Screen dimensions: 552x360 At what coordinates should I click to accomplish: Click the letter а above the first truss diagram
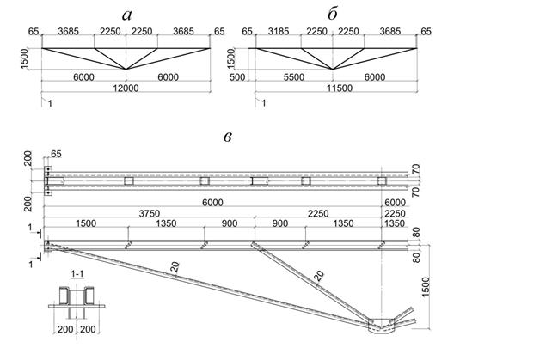tap(126, 15)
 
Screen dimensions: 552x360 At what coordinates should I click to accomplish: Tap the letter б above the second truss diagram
tap(333, 15)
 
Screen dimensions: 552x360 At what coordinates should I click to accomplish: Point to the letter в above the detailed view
tap(228, 137)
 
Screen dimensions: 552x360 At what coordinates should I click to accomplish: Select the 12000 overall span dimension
tap(126, 88)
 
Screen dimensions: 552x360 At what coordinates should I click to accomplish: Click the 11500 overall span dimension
tap(339, 88)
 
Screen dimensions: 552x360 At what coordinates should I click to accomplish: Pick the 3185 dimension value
tap(278, 32)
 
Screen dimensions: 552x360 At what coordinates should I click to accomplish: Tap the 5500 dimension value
tap(293, 77)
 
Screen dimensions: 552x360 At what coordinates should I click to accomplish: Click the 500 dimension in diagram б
tap(237, 77)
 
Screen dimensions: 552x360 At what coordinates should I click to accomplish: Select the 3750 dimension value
tap(150, 214)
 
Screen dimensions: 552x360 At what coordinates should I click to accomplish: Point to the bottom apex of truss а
tap(126, 70)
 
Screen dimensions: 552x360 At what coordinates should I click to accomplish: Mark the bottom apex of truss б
tap(333, 70)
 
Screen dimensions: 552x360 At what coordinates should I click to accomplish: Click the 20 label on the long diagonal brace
tap(175, 267)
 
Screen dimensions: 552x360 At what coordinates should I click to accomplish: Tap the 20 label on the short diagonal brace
tap(318, 276)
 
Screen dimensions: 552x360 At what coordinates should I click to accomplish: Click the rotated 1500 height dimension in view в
tap(426, 287)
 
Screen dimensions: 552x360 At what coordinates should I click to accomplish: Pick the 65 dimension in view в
tap(56, 154)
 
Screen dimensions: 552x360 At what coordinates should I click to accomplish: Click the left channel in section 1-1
tap(64, 296)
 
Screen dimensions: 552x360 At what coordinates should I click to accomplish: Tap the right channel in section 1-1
tap(89, 296)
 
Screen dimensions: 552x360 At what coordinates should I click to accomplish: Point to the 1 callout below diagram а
tap(50, 103)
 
